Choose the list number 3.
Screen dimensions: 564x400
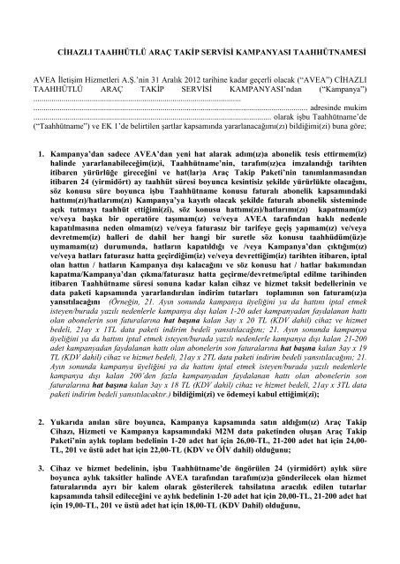click(x=42, y=489)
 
